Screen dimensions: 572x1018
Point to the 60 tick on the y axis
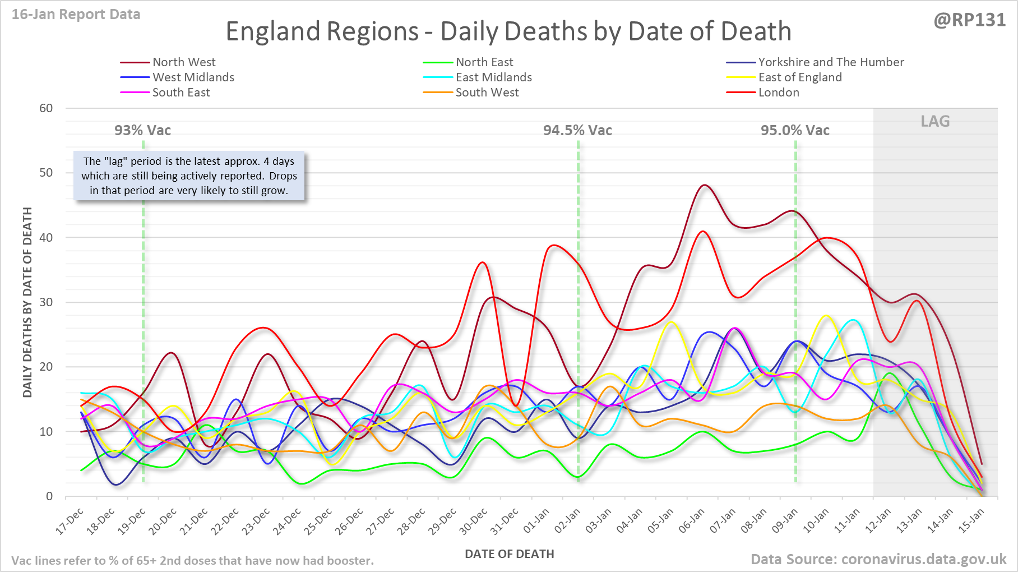(46, 108)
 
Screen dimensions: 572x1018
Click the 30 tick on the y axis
(46, 302)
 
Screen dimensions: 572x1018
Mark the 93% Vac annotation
(142, 131)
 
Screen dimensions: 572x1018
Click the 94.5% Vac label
(577, 131)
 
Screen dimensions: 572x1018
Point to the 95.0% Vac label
(795, 131)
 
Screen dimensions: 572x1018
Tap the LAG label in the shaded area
(935, 122)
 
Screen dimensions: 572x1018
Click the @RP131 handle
(969, 20)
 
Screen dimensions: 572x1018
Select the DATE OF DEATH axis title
(509, 554)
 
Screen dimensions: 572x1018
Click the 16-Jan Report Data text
(76, 15)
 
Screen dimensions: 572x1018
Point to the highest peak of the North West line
(705, 185)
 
